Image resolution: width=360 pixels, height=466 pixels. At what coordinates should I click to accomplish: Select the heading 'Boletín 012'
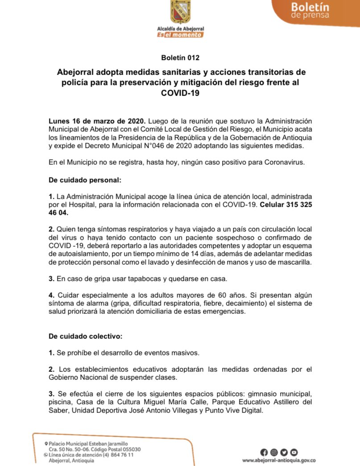[180, 58]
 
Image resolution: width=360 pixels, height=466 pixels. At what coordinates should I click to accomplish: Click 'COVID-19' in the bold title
[180, 93]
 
